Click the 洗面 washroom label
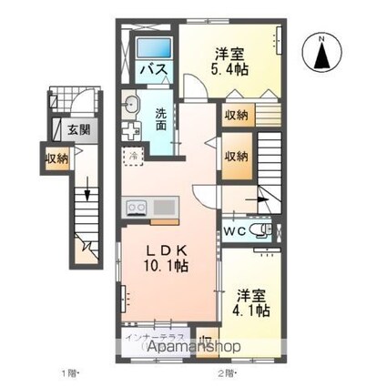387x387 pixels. (161, 120)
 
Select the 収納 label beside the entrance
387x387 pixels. (56, 158)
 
